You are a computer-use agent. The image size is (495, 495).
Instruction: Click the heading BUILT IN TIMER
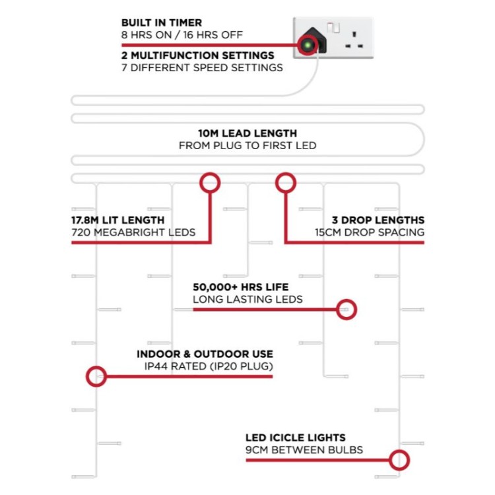point(162,22)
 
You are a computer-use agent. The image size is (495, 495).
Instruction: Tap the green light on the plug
point(307,45)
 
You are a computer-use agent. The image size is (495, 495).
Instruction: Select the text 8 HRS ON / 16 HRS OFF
point(182,35)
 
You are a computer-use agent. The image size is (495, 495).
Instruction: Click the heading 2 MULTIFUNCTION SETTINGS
point(198,55)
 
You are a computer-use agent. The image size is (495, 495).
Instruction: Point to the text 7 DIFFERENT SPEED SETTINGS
point(202,68)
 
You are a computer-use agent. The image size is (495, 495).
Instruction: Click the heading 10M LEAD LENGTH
point(247,133)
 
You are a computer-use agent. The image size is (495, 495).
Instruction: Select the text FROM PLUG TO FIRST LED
point(247,146)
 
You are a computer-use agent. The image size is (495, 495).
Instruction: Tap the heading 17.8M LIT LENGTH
point(118,220)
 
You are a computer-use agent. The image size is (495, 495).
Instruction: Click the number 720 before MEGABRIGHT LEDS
point(81,232)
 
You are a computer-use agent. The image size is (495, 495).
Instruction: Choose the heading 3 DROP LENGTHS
point(378,220)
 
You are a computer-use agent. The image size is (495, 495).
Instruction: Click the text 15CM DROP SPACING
point(370,232)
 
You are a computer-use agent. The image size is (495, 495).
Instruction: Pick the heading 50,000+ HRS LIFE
point(240,287)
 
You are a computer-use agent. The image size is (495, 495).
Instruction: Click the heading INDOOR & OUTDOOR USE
point(205,354)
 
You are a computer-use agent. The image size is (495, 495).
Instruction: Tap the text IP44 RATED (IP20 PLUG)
point(209,366)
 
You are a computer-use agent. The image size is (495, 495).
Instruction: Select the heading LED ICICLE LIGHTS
point(296,438)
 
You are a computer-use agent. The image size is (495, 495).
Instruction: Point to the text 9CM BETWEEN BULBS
point(304,450)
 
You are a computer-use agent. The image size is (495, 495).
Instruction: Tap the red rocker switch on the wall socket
point(333,28)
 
